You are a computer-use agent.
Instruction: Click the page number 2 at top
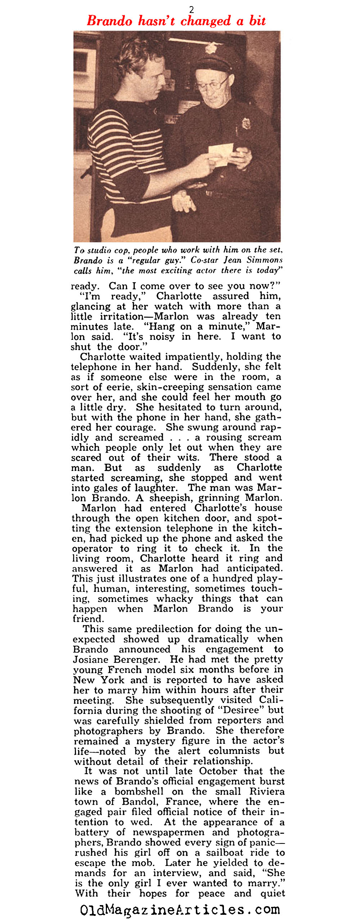[x=192, y=10]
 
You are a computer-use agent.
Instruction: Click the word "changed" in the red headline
[x=205, y=21]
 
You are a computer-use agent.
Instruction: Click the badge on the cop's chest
[x=246, y=123]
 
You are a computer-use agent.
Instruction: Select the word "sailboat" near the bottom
[x=229, y=853]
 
